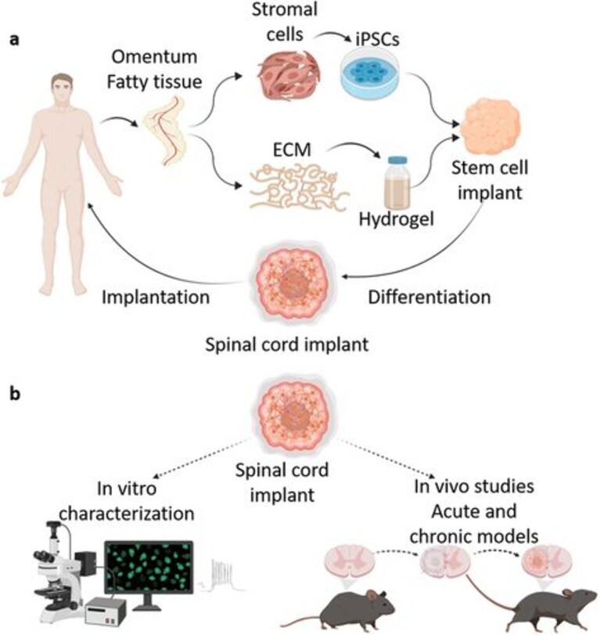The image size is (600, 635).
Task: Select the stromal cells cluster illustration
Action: point(289,76)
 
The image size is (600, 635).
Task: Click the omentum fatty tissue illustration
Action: point(166,131)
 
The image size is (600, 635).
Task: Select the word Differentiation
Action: point(429,297)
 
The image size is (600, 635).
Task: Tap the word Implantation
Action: point(156,297)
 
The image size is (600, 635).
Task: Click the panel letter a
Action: point(15,40)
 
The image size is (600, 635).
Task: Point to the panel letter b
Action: point(15,393)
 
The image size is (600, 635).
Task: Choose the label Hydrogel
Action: point(396,219)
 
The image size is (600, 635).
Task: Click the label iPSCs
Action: point(378,39)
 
